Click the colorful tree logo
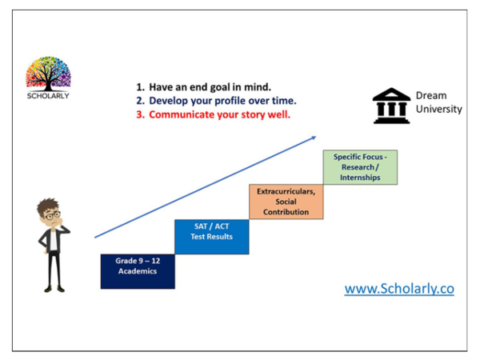pyautogui.click(x=48, y=73)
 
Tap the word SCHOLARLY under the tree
pyautogui.click(x=47, y=96)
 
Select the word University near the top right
pyautogui.click(x=438, y=110)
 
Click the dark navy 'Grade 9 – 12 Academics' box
pyautogui.click(x=138, y=270)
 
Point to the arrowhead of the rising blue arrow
pyautogui.click(x=313, y=139)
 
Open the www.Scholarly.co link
pyautogui.click(x=399, y=289)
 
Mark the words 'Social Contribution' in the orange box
pyautogui.click(x=286, y=207)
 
